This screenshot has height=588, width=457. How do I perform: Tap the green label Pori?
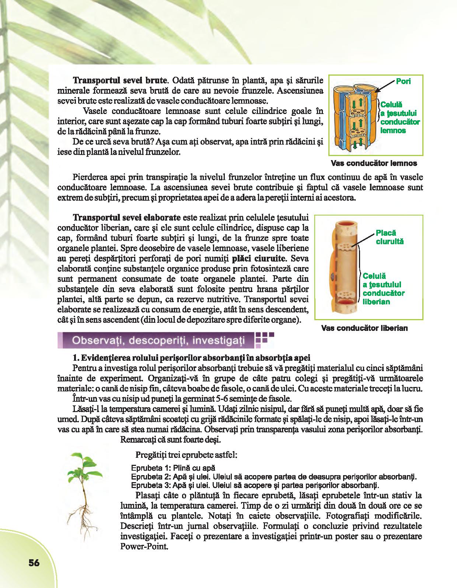tap(403, 81)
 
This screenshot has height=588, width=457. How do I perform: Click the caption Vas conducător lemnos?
tap(374, 163)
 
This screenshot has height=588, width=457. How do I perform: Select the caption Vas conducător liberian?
tap(364, 328)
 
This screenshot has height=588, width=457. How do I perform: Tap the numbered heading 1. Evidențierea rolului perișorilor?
tap(192, 357)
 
